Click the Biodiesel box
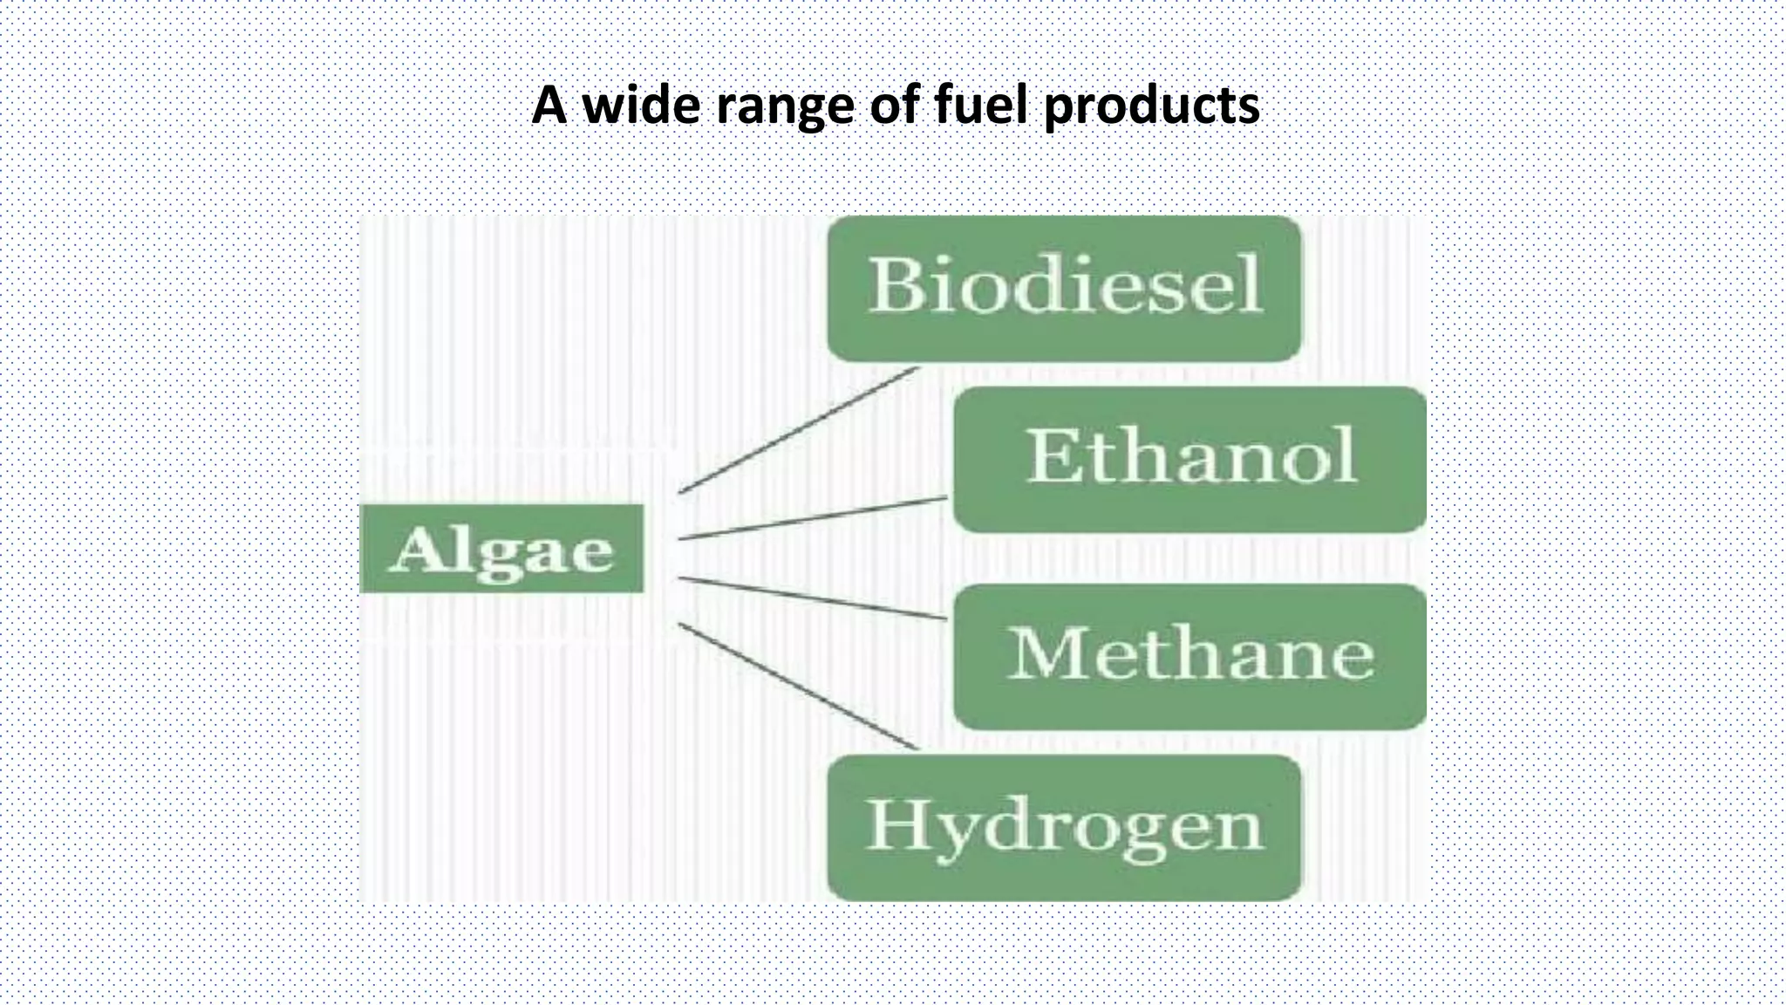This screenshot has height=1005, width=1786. point(1064,288)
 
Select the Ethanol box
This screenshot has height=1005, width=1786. point(1190,459)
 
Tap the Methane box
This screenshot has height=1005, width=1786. point(1190,656)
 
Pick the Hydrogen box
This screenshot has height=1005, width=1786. point(1064,827)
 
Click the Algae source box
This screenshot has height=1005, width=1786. point(501,549)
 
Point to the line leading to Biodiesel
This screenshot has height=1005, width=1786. point(798,430)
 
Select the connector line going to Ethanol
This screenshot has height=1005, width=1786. point(811,518)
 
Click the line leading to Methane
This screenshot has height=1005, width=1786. point(811,598)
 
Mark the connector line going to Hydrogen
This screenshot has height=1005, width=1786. point(798,687)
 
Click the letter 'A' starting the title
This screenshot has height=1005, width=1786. point(549,105)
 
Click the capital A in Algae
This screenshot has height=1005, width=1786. point(415,550)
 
